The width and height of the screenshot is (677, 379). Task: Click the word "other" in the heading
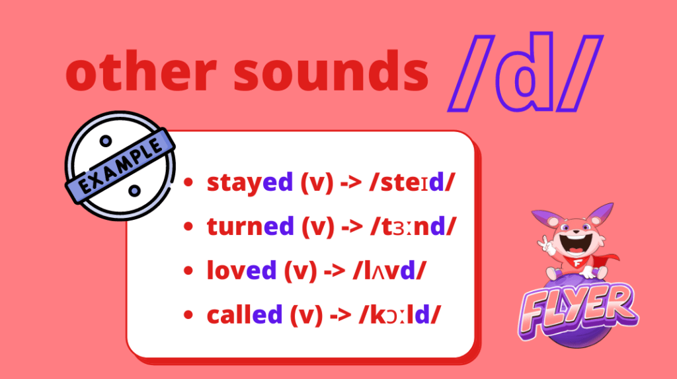point(141,69)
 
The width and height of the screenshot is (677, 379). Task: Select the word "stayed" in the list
point(250,183)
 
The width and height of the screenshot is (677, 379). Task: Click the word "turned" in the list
point(251,226)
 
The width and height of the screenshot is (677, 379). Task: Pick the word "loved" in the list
point(241,270)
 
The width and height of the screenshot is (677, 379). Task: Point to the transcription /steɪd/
point(413,182)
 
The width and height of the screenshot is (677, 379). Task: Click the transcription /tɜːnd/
point(413,226)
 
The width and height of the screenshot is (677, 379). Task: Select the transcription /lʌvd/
point(389,271)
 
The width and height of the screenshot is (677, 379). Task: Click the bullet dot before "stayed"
point(188,182)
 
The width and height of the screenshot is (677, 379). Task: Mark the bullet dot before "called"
point(188,315)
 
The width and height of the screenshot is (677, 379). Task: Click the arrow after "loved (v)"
point(335,271)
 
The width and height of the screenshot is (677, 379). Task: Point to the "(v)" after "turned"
point(318,226)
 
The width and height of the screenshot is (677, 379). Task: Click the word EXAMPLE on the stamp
point(122,166)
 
